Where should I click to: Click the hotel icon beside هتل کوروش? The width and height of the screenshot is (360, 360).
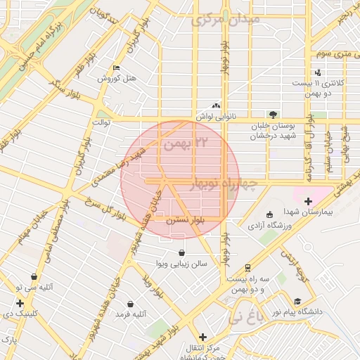117,67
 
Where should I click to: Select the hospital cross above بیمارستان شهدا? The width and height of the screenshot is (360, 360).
307,202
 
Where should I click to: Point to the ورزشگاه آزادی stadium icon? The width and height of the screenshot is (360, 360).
269,215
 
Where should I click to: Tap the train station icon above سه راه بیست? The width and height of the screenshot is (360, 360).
247,267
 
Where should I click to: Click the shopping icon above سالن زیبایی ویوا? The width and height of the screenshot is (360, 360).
182,253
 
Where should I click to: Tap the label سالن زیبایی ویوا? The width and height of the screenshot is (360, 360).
182,264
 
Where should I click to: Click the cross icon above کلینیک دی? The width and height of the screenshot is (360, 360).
20,303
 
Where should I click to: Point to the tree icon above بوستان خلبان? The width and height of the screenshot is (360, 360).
273,115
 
